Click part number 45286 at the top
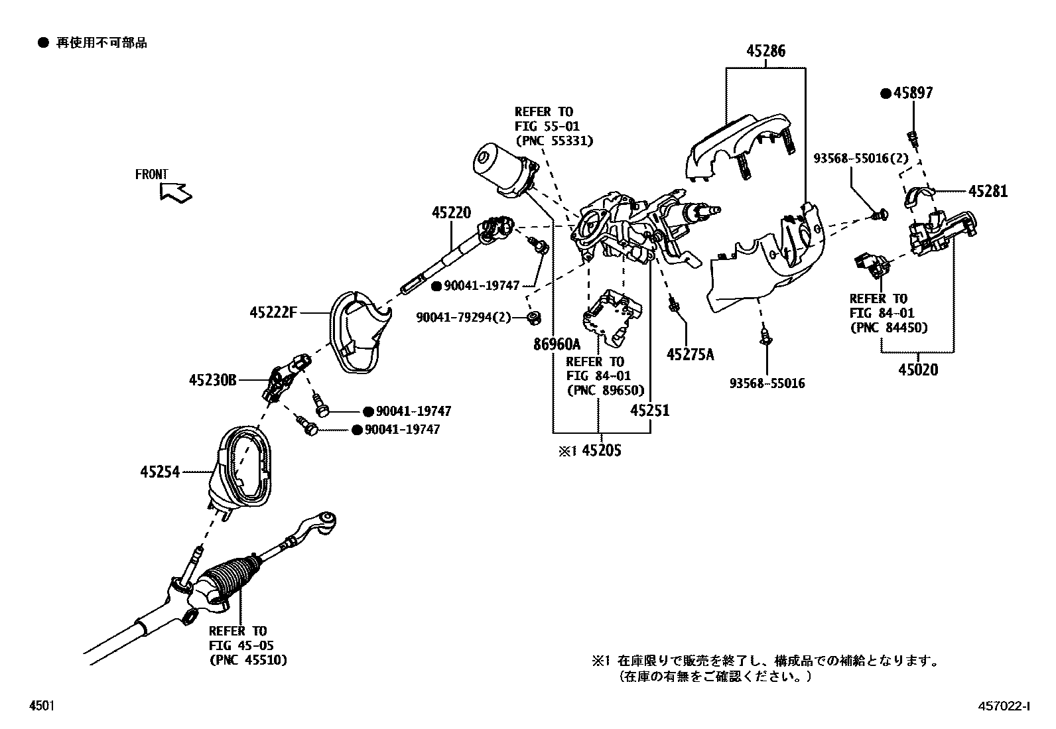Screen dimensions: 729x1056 (x=765, y=51)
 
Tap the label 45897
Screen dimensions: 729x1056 (x=912, y=94)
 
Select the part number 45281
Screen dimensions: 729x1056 (x=987, y=192)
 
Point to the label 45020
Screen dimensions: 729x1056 (x=918, y=369)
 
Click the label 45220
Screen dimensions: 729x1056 (x=451, y=213)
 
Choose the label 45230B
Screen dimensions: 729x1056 (x=212, y=381)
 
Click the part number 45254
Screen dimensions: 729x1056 (x=160, y=473)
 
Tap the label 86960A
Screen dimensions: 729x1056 (x=557, y=344)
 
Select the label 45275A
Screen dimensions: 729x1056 (x=690, y=355)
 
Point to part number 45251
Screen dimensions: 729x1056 (x=649, y=411)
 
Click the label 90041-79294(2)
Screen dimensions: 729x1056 (x=464, y=318)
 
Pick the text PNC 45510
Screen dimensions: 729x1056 (x=248, y=660)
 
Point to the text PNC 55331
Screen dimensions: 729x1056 (x=554, y=141)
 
